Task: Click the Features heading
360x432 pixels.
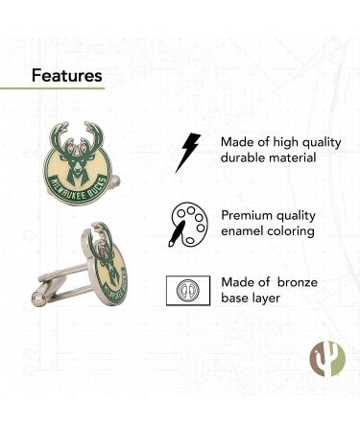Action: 67,74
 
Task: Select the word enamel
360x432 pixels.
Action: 244,231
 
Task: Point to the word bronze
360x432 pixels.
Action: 302,281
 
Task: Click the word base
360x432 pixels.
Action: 236,298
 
